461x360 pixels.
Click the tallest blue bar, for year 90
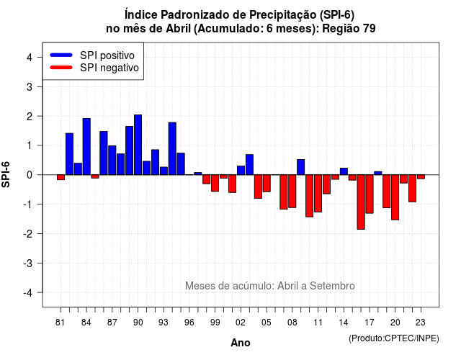coord(138,145)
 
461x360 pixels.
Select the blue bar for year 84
coord(86,147)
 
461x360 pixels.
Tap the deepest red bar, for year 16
coord(361,202)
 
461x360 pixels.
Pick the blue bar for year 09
coord(301,167)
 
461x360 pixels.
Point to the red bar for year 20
coord(395,197)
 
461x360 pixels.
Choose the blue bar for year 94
coord(172,149)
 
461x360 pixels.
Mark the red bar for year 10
coord(309,196)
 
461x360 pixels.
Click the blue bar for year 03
coord(249,165)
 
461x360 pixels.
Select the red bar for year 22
coord(412,189)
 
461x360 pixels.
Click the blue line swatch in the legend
coord(61,55)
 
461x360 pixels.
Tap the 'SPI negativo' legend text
coord(109,68)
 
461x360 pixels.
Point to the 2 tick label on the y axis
coord(30,117)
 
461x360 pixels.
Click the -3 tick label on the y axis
coord(28,264)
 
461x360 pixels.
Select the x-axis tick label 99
coord(215,323)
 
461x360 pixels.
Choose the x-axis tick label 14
coord(343,323)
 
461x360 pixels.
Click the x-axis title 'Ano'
coord(241,343)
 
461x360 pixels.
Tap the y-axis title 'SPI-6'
coord(6,174)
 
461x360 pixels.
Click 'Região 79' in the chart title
coord(349,29)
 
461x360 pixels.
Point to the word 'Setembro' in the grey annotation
coord(332,286)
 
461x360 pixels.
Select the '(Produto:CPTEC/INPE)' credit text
coord(394,338)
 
